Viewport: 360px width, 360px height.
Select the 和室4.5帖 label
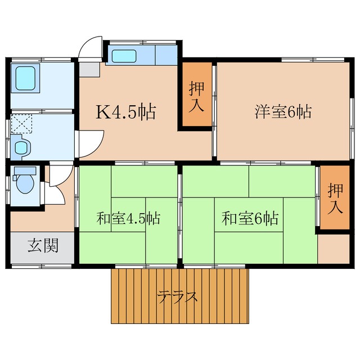pyautogui.click(x=128, y=218)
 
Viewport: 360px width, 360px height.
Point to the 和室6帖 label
pyautogui.click(x=250, y=218)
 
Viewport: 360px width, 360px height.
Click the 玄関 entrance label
pyautogui.click(x=43, y=246)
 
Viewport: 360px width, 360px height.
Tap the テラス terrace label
pyautogui.click(x=178, y=296)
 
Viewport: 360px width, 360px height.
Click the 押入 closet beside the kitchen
pyautogui.click(x=196, y=96)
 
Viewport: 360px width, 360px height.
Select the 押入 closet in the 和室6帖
pyautogui.click(x=335, y=199)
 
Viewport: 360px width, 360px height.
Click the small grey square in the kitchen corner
pyautogui.click(x=88, y=69)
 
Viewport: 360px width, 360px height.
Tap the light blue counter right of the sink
pyautogui.click(x=165, y=56)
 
